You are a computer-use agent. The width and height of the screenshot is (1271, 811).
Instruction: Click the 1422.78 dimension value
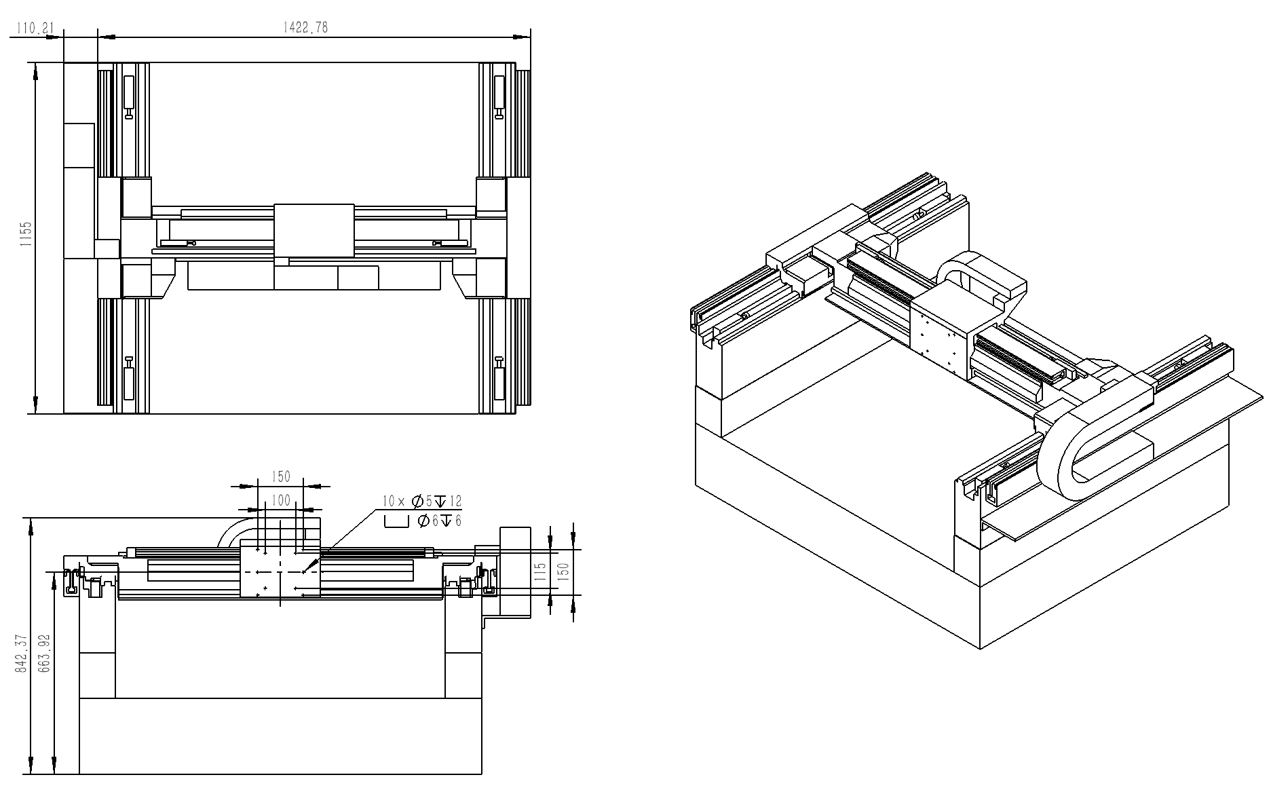(x=305, y=27)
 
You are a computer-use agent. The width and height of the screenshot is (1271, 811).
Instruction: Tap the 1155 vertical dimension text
(x=26, y=235)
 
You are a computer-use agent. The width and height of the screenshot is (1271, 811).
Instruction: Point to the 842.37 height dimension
(x=21, y=654)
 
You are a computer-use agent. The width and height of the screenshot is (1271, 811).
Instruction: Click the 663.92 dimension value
(x=45, y=654)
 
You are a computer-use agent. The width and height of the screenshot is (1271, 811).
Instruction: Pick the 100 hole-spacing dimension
(x=280, y=500)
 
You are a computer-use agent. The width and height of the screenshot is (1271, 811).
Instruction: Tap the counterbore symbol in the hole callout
(x=397, y=521)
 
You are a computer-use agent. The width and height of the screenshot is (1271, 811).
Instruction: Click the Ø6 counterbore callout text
(x=440, y=521)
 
